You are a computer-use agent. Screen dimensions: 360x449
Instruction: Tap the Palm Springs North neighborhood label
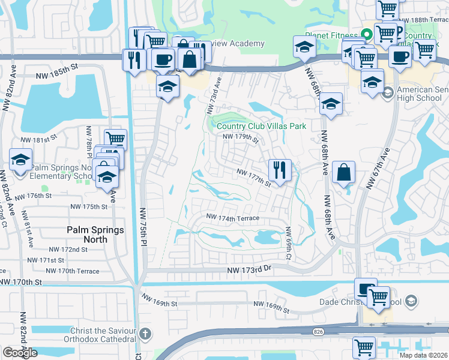click(x=95, y=235)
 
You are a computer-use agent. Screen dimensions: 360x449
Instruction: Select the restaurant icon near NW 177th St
click(x=280, y=170)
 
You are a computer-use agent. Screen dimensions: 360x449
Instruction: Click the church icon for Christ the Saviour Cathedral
click(x=145, y=333)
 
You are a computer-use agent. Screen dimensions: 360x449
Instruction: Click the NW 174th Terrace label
click(x=232, y=217)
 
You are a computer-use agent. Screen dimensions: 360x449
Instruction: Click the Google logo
click(x=20, y=353)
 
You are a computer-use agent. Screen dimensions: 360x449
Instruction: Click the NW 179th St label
click(x=240, y=138)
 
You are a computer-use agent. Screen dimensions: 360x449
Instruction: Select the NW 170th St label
click(x=22, y=281)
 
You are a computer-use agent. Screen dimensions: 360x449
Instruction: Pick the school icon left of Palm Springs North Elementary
click(x=21, y=161)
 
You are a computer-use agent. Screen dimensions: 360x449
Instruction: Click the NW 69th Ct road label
click(x=289, y=243)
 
